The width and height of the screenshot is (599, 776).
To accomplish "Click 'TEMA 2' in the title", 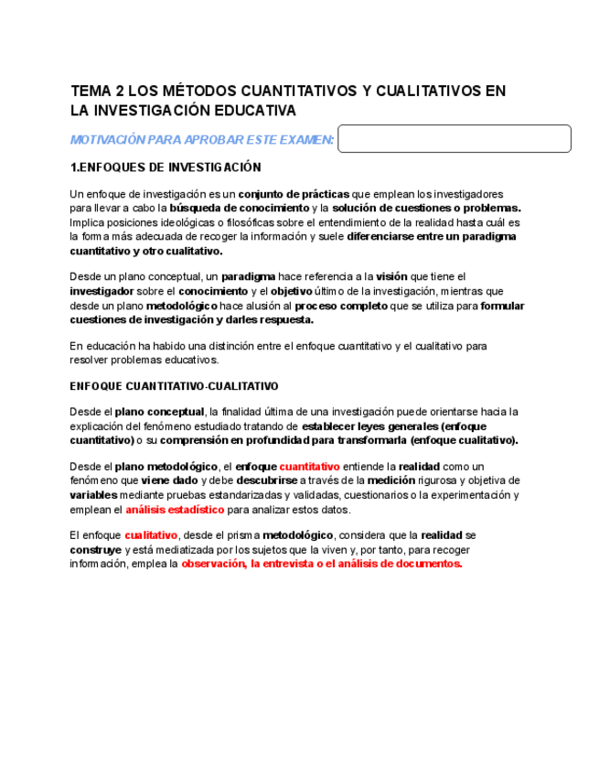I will pos(96,92).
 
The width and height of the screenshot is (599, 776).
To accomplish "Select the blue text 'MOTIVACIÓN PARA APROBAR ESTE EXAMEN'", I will pos(201,140).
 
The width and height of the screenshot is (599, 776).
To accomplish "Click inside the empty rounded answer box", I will pos(454,139).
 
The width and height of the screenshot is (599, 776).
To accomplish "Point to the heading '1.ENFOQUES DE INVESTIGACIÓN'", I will pos(166,168).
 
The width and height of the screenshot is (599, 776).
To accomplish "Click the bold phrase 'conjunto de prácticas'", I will pos(294,194).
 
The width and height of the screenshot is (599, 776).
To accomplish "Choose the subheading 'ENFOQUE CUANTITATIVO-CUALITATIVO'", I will pos(174,386).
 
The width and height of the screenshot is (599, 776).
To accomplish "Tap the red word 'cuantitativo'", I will pos(309,466).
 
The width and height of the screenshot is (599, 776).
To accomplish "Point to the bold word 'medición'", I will pos(390,480).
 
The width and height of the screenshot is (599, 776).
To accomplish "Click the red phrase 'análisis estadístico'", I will pos(175,510).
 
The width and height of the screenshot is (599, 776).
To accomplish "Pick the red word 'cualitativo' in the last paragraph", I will pos(151,535).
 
